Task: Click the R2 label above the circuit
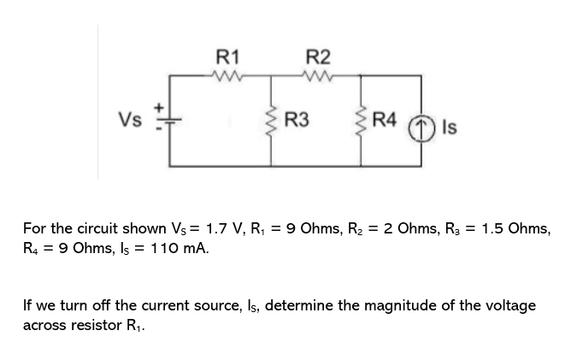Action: coord(316,58)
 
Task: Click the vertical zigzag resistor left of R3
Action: coord(273,122)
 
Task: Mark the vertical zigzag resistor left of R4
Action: coord(362,122)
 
